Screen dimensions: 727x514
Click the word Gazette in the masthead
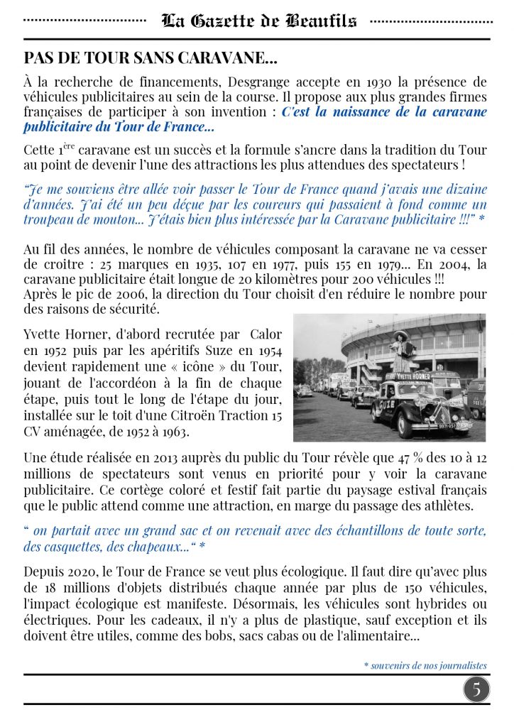[224, 21]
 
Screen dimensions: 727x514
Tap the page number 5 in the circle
[477, 689]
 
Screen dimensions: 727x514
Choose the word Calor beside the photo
[266, 334]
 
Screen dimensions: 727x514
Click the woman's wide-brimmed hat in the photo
[400, 334]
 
